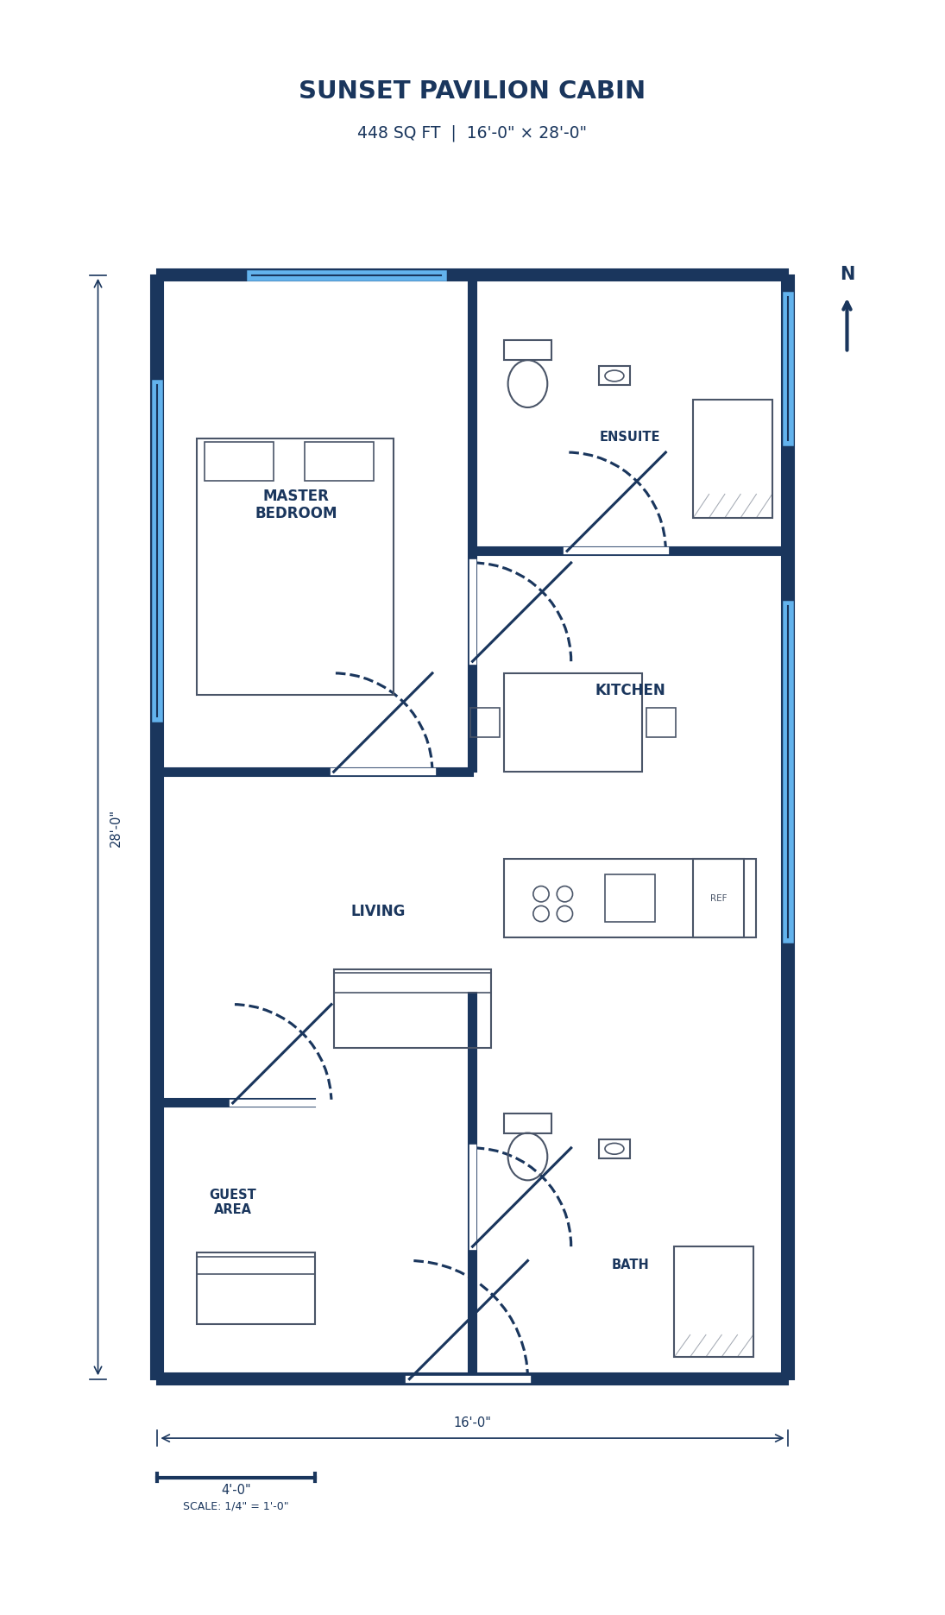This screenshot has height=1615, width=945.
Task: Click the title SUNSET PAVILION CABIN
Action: pyautogui.click(x=472, y=91)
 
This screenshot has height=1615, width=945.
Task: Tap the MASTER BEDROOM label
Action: pyautogui.click(x=296, y=505)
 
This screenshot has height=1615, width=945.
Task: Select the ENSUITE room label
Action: pyautogui.click(x=629, y=438)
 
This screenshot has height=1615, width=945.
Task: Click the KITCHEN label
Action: pyautogui.click(x=630, y=691)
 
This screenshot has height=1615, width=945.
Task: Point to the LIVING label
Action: pyautogui.click(x=378, y=912)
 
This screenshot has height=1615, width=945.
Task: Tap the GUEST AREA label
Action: pyautogui.click(x=232, y=1202)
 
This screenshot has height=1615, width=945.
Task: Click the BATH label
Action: pyautogui.click(x=630, y=1265)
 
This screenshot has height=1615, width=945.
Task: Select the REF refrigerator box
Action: pyautogui.click(x=718, y=898)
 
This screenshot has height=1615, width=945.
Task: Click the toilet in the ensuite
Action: pyautogui.click(x=527, y=382)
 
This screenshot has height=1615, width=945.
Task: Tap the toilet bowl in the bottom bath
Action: pyautogui.click(x=527, y=1157)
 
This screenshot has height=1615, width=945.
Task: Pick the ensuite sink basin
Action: pyautogui.click(x=614, y=375)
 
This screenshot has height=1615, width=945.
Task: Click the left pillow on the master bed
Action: pyautogui.click(x=239, y=461)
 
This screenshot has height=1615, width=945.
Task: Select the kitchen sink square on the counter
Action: pyautogui.click(x=630, y=898)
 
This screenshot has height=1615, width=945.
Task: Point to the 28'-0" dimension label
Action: pyautogui.click(x=116, y=829)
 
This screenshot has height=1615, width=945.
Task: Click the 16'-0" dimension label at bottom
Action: pyautogui.click(x=472, y=1423)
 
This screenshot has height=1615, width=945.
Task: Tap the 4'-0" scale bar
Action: pyautogui.click(x=236, y=1477)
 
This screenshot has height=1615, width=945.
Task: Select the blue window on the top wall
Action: pyautogui.click(x=346, y=275)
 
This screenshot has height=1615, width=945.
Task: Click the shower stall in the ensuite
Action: pyautogui.click(x=732, y=458)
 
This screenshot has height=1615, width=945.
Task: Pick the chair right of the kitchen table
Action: pyautogui.click(x=661, y=722)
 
